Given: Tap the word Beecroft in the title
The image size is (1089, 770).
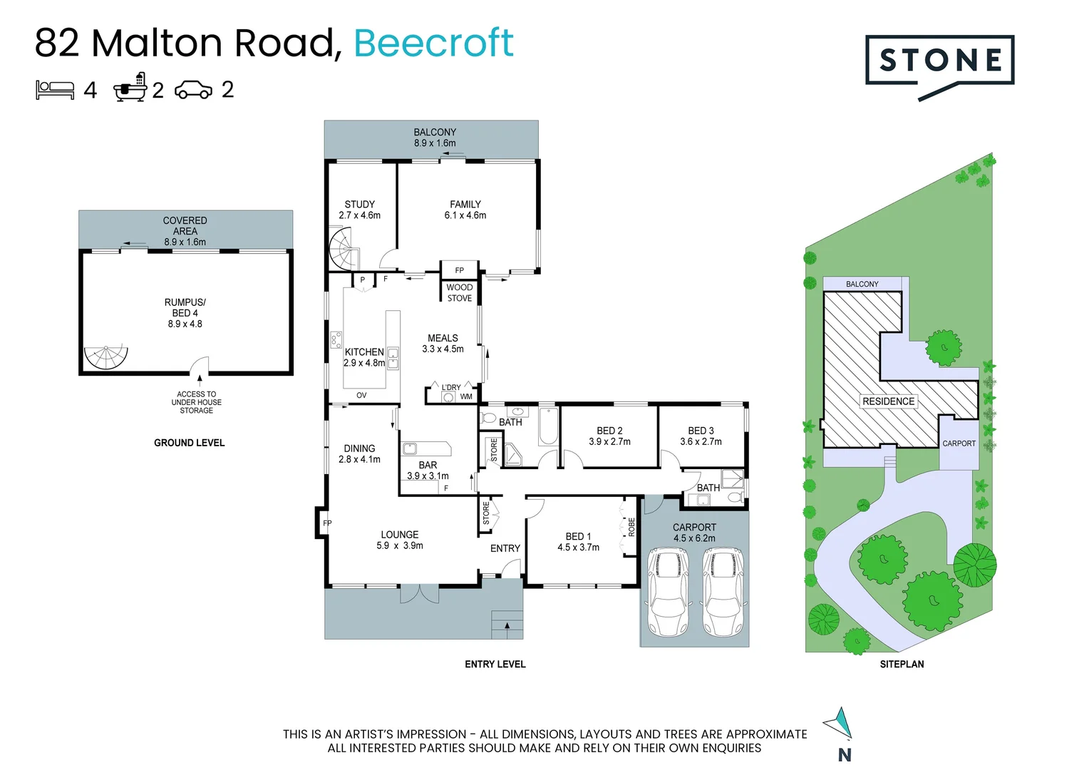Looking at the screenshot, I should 433,43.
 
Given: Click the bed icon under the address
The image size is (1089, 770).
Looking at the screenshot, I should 55,90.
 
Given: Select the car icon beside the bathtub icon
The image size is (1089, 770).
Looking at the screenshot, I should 193,90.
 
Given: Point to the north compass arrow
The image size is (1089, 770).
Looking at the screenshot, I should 840,724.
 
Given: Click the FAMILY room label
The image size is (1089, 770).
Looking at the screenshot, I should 465,205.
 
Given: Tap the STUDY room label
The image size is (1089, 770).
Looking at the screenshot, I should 359,205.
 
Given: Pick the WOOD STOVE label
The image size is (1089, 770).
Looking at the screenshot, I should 460,293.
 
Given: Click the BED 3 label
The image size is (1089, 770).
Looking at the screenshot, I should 701,431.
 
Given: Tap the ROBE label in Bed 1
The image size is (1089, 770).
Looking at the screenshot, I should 631,527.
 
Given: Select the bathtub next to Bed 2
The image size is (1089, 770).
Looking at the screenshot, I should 548,427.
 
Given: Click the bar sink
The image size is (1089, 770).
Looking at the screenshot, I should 411,448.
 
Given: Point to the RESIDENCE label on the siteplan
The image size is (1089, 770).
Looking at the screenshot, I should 888,401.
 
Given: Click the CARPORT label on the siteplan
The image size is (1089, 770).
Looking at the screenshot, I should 959,443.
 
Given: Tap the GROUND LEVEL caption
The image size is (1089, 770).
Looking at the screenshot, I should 189,443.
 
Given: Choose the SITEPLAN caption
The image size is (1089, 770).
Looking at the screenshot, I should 902,664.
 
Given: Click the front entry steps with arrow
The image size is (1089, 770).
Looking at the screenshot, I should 507,625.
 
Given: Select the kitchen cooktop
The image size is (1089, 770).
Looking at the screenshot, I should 336,339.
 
